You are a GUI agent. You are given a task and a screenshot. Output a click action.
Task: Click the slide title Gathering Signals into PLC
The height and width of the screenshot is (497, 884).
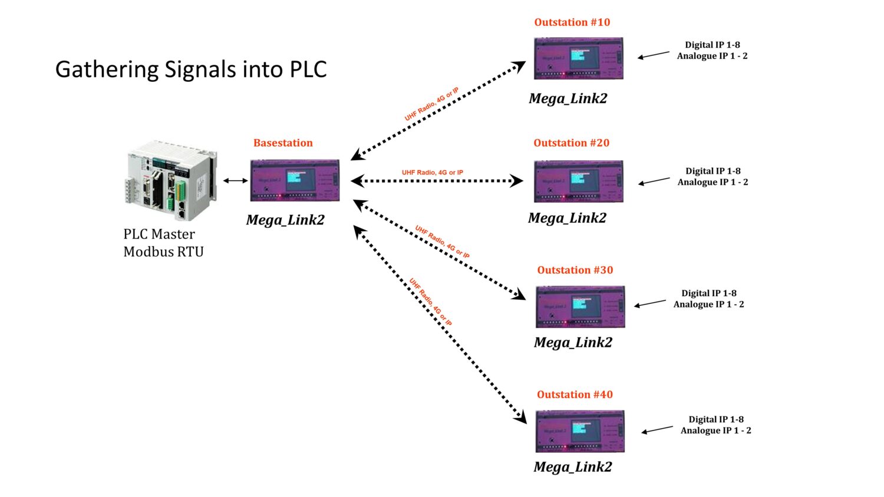(191, 69)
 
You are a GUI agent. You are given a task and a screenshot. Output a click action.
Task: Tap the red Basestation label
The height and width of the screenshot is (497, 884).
(283, 143)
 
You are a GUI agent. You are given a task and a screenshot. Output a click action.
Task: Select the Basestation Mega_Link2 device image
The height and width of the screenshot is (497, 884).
(295, 180)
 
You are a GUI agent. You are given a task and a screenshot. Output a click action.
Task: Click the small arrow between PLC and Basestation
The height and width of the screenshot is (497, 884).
(236, 181)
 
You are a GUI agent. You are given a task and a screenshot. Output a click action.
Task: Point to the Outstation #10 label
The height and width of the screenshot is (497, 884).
(572, 22)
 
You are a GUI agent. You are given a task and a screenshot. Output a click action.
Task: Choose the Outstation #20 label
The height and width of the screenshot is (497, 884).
(571, 143)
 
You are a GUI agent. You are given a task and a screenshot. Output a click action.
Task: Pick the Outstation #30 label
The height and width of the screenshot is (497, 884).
(575, 270)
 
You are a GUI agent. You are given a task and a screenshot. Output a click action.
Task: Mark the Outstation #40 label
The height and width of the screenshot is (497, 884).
(575, 395)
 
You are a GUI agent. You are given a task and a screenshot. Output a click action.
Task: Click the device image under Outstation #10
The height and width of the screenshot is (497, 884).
(578, 58)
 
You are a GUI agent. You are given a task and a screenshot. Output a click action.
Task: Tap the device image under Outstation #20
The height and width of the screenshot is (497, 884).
(578, 181)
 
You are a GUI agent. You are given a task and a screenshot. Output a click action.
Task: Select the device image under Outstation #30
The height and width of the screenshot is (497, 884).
(580, 307)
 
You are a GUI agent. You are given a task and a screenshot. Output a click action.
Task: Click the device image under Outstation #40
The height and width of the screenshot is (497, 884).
(580, 432)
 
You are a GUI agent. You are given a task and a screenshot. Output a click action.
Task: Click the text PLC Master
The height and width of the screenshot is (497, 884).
(159, 234)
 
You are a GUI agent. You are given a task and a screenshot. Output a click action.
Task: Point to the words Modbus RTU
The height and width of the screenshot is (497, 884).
(163, 252)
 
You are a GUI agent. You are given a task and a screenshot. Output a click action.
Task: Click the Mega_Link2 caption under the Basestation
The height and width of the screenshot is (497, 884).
(285, 220)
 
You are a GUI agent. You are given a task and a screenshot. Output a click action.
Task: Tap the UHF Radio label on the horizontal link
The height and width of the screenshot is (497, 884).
(433, 173)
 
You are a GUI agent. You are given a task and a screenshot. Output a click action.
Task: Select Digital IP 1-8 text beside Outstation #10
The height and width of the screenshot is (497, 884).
(712, 45)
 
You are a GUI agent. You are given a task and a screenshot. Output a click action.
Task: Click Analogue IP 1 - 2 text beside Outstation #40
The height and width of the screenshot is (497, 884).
(715, 430)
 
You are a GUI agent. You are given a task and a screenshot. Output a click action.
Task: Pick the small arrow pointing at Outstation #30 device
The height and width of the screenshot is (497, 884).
(650, 304)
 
